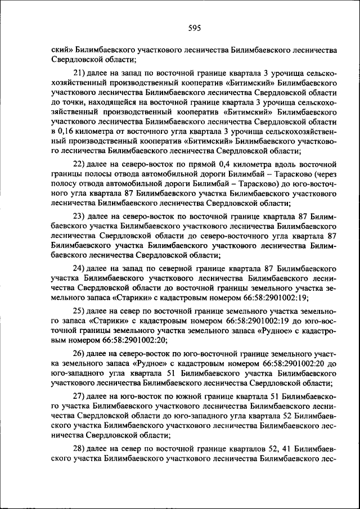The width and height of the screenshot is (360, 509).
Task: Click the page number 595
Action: pyautogui.click(x=180, y=28)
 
